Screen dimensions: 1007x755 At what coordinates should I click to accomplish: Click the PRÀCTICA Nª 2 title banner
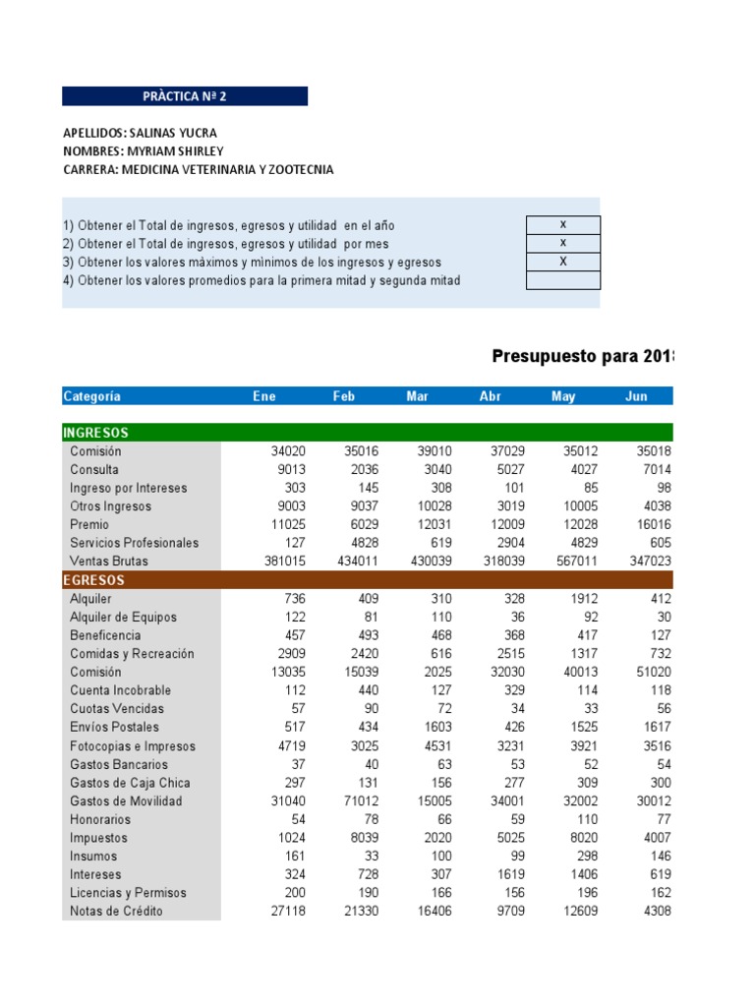tap(185, 96)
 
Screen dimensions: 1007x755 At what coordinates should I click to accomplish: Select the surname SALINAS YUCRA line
tap(140, 133)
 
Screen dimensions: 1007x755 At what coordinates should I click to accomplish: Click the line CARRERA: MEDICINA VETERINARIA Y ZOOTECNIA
tap(198, 169)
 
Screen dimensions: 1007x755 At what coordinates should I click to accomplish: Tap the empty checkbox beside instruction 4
tap(562, 280)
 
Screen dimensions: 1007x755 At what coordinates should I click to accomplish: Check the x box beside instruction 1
tap(562, 224)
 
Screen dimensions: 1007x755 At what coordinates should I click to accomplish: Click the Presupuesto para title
tap(582, 356)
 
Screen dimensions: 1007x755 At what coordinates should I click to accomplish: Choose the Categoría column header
tap(91, 396)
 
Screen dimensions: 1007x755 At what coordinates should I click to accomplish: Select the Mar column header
tap(417, 396)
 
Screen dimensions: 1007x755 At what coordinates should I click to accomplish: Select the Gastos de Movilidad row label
tap(126, 800)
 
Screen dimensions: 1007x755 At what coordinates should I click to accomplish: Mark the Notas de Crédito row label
tap(116, 911)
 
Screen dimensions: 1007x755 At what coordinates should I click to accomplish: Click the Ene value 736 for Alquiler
tap(295, 599)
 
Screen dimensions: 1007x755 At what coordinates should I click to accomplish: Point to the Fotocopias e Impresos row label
tap(132, 746)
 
